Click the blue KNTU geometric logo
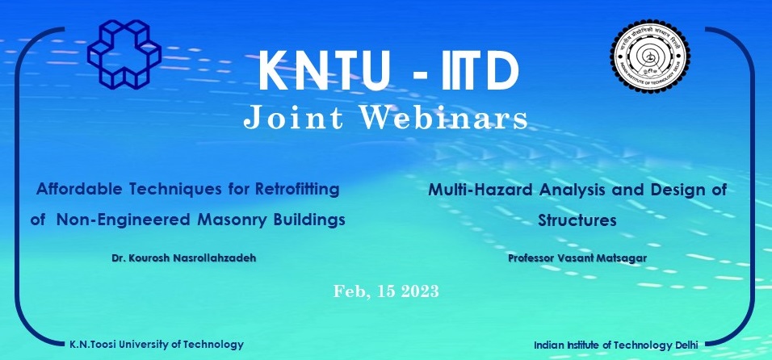pos(124,53)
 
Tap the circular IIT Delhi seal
pos(650,56)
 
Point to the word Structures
pos(577,220)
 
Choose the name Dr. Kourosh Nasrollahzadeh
pos(183,257)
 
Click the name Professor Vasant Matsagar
pos(577,257)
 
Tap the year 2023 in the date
pos(419,291)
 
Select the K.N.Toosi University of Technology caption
pos(157,345)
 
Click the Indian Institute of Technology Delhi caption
pos(616,345)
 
